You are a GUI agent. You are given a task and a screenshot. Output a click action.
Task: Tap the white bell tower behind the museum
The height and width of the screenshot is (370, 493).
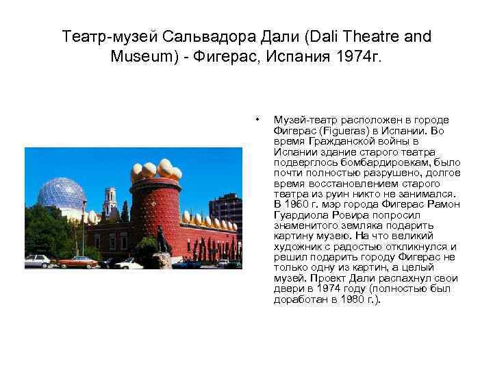[x=110, y=202]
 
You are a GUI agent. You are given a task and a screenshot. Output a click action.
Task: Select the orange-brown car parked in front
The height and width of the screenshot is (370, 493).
[x=77, y=261]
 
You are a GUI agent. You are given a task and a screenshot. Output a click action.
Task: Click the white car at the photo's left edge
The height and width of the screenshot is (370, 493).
[x=38, y=260]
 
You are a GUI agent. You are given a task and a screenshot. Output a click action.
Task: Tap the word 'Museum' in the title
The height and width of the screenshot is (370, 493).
[x=140, y=56]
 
